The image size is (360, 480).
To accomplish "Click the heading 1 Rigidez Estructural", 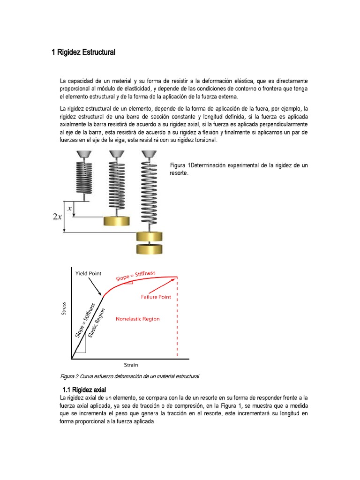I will click(83, 52).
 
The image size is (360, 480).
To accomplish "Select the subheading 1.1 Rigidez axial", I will click(84, 390).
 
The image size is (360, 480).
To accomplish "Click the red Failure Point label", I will click(157, 297).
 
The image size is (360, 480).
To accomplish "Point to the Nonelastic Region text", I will click(137, 319).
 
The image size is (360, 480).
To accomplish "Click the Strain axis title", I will click(131, 364).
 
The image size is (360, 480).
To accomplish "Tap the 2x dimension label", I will click(57, 216).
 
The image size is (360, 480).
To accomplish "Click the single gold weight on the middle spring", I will click(116, 222).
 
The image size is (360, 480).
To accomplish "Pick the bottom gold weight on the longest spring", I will click(149, 248).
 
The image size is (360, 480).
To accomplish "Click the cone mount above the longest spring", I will click(149, 154).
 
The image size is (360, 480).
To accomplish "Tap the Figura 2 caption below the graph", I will click(130, 376).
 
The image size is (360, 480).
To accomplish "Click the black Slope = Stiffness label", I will click(85, 320).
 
